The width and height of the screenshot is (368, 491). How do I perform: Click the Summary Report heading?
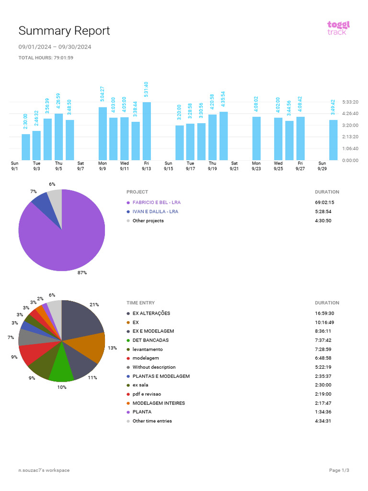[64, 31]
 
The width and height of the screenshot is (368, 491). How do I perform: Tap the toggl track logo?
[338, 28]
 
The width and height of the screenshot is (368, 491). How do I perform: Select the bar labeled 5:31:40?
[147, 131]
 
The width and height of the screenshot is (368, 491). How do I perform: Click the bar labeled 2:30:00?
[26, 147]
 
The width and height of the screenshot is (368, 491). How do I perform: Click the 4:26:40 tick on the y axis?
[350, 114]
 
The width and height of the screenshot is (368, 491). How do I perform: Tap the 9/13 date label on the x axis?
[147, 169]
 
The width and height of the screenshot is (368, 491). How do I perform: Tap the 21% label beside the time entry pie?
[94, 304]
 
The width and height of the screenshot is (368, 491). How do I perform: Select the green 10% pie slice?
[61, 369]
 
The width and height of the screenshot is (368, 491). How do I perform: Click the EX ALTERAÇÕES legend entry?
[151, 314]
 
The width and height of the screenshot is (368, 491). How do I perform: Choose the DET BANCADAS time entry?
[150, 340]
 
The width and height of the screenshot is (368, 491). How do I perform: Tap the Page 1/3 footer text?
[339, 470]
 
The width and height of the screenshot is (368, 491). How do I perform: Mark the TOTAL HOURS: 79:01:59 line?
[46, 58]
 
